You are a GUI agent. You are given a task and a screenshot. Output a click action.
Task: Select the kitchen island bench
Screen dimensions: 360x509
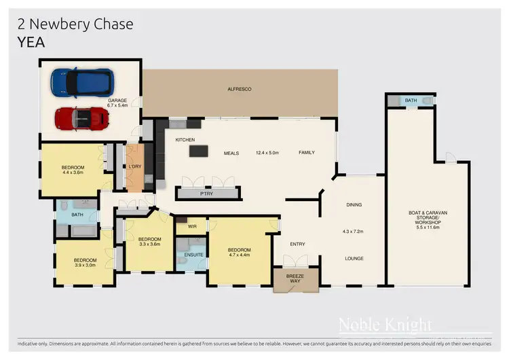199,150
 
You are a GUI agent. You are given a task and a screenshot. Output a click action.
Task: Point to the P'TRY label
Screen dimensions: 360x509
207,194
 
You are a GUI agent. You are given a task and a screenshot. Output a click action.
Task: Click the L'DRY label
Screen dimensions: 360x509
134,166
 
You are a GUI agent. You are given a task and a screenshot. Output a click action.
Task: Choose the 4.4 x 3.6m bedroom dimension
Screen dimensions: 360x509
73,173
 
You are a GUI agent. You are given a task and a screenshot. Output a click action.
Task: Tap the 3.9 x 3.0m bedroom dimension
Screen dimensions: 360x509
85,266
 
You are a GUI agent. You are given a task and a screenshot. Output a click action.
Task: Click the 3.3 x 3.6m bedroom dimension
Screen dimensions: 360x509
149,245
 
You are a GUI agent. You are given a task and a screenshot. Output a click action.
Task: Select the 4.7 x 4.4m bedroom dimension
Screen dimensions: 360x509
239,255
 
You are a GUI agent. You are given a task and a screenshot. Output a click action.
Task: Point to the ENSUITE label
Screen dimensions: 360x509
193,255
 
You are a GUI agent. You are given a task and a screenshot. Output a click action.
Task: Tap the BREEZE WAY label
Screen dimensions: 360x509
295,278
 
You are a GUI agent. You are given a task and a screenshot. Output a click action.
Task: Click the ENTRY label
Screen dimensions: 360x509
297,245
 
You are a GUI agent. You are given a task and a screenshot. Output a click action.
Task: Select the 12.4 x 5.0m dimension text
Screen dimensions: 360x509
267,153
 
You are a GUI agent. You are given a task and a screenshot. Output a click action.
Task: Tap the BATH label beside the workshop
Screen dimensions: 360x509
411,101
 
